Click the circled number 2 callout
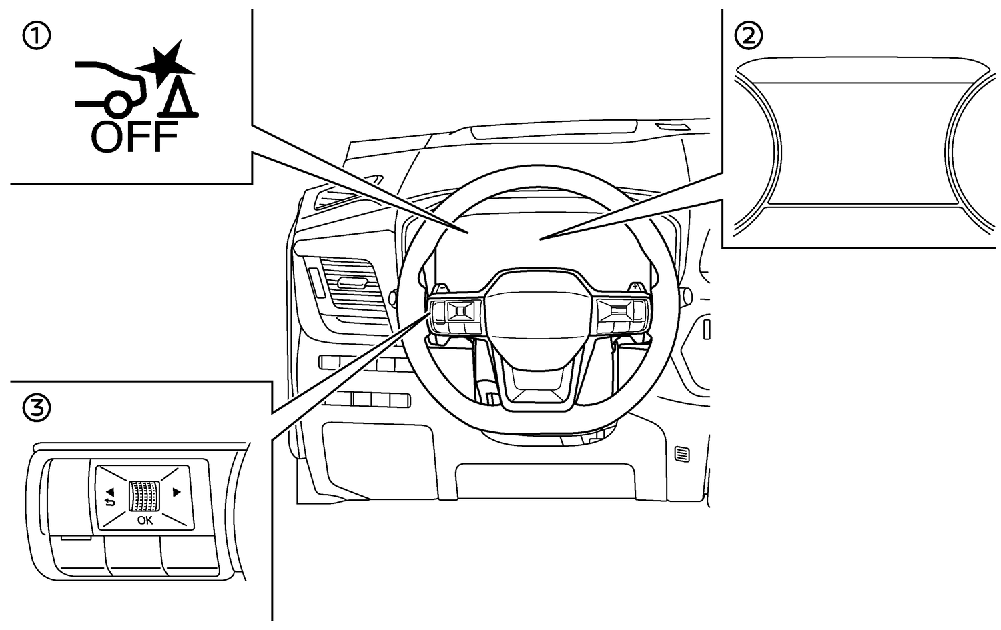tap(749, 36)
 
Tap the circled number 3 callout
tap(37, 409)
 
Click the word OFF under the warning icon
tap(134, 137)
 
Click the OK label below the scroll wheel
tap(145, 520)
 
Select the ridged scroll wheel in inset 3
tap(144, 496)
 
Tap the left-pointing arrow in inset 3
tap(110, 491)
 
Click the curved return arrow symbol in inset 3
tap(109, 503)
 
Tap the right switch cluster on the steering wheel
tap(622, 317)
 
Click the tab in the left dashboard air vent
tap(352, 282)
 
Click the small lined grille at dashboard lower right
tap(683, 455)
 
